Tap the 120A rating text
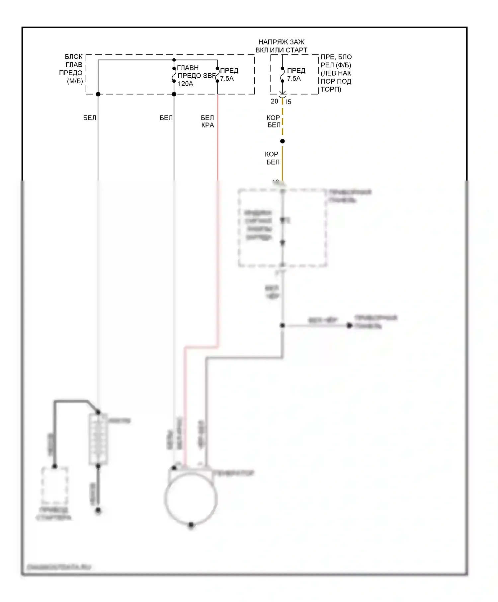(x=185, y=84)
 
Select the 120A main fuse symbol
(x=174, y=75)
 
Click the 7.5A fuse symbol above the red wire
(x=217, y=75)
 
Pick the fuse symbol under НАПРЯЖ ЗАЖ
(x=282, y=75)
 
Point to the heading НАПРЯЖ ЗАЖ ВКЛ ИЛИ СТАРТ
(x=281, y=46)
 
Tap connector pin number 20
(x=274, y=101)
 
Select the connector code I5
(x=289, y=102)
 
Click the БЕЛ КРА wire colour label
(x=207, y=121)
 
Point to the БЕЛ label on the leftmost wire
(x=90, y=118)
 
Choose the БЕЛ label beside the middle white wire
(x=166, y=118)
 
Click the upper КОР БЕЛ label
(x=274, y=121)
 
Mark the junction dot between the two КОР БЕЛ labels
(x=282, y=141)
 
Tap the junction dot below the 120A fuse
(x=174, y=94)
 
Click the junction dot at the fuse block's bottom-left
(x=98, y=94)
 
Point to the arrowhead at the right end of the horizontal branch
(x=349, y=326)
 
